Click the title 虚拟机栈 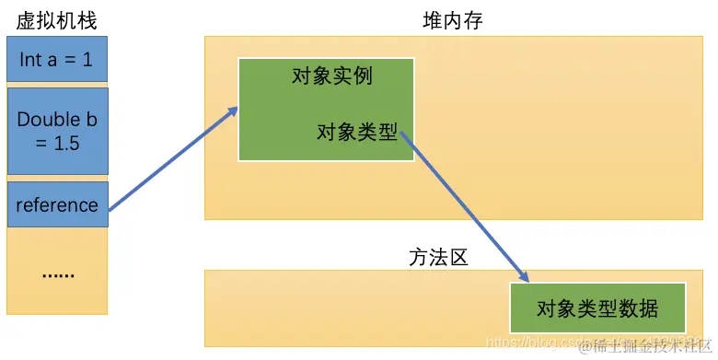(x=56, y=20)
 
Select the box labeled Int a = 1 (x=57, y=60)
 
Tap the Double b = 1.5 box (x=57, y=131)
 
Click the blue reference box (x=57, y=204)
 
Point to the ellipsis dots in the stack (x=57, y=273)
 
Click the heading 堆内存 (x=446, y=20)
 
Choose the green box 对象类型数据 (x=597, y=308)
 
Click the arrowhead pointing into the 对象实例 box (x=233, y=112)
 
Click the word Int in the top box (x=30, y=60)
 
